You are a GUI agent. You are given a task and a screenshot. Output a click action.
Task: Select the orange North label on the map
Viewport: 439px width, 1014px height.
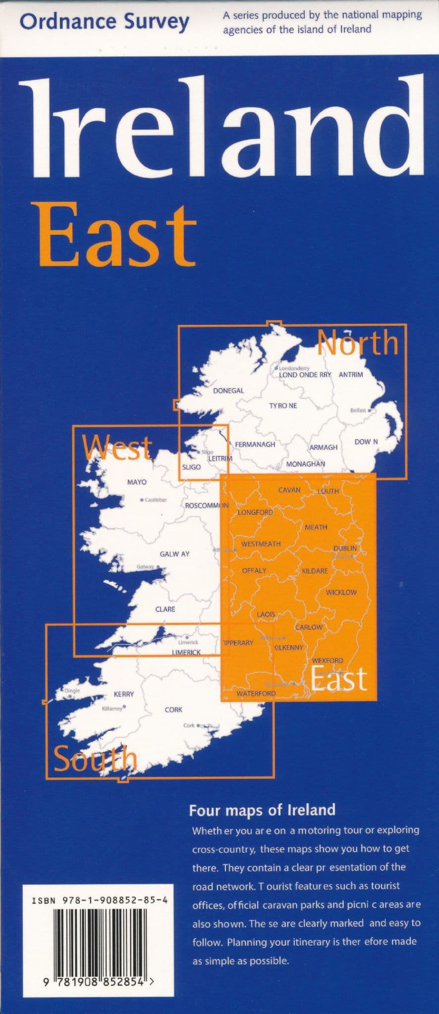(357, 343)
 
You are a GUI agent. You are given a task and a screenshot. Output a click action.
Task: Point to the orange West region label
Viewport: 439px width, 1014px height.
(117, 447)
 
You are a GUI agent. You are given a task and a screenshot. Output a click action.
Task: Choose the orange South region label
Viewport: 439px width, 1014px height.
(95, 759)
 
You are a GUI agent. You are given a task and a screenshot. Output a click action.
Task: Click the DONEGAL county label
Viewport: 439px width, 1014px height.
(228, 391)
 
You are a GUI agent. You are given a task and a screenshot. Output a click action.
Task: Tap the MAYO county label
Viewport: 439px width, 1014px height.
(137, 482)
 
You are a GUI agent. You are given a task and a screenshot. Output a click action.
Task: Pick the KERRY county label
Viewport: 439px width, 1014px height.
(124, 694)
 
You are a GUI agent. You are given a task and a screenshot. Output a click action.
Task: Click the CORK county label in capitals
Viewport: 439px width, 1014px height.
(173, 710)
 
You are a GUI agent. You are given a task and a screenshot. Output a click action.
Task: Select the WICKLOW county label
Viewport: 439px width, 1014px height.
(341, 592)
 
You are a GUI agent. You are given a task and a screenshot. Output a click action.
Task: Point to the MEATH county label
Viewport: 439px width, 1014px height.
(316, 527)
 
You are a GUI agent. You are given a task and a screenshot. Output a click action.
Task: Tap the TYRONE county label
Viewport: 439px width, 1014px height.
(283, 406)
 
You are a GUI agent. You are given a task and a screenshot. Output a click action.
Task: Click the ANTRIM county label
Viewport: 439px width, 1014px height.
(351, 375)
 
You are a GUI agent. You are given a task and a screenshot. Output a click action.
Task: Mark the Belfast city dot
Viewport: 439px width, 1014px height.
(370, 410)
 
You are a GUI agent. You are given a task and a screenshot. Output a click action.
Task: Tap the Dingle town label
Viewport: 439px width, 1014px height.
(72, 691)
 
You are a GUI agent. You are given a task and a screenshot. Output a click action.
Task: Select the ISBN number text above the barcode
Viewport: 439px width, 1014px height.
(99, 903)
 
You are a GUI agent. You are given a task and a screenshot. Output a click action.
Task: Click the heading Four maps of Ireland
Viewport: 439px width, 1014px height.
(262, 811)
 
